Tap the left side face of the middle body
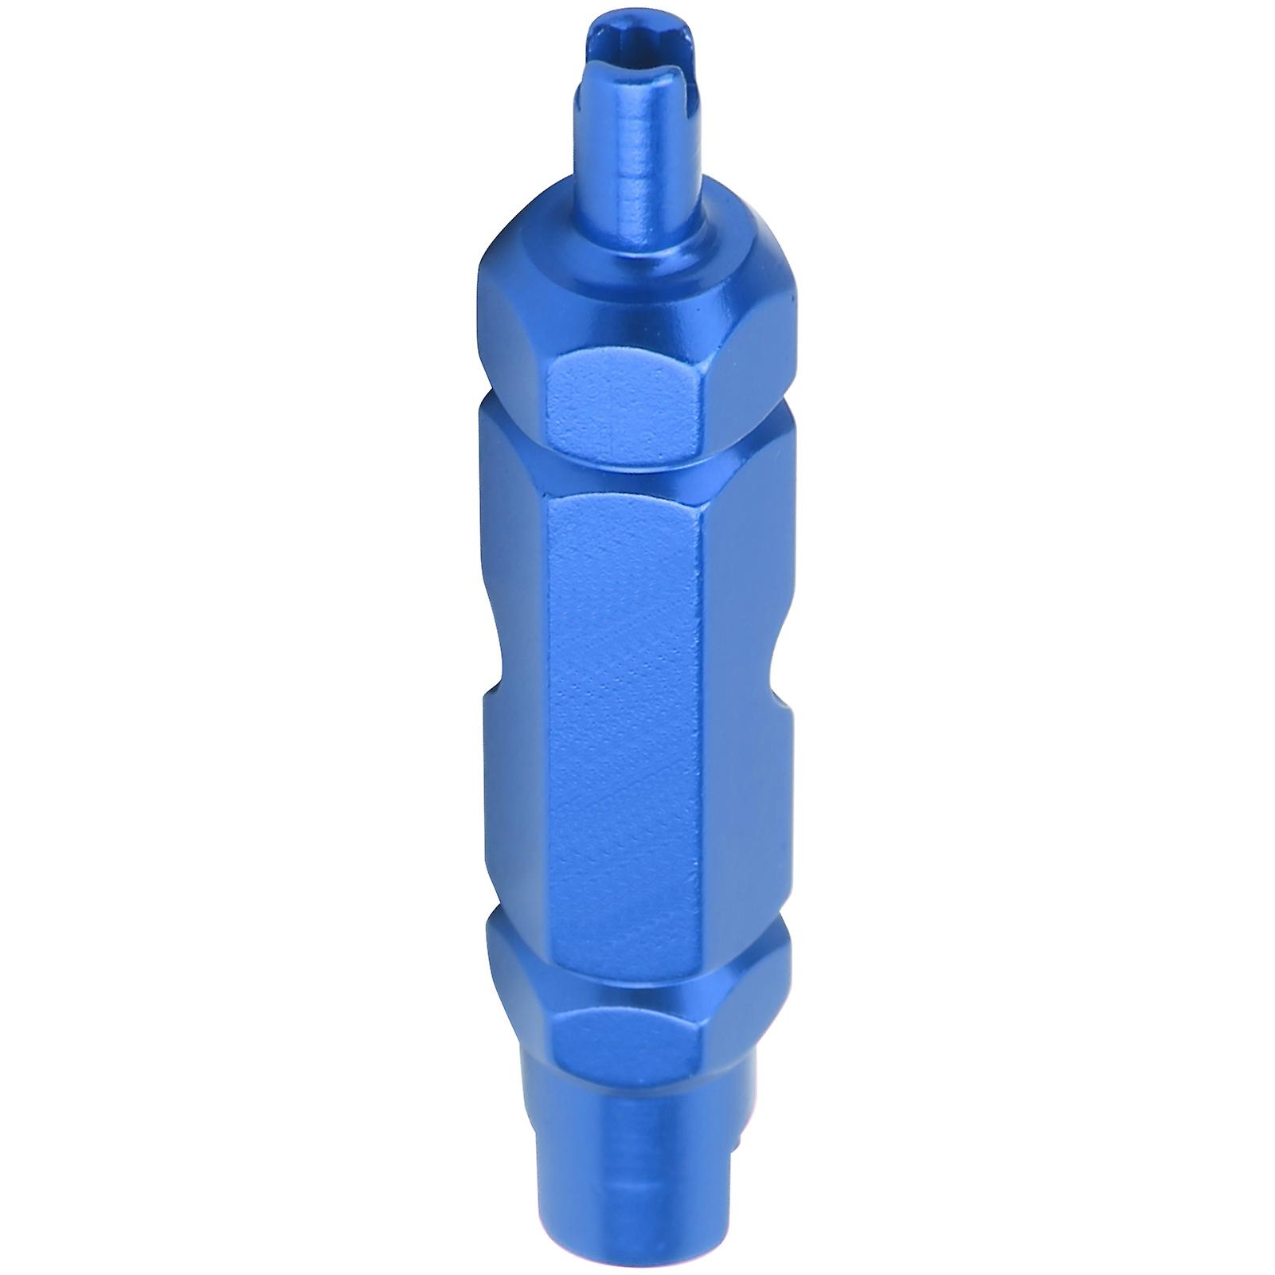coord(518,796)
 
